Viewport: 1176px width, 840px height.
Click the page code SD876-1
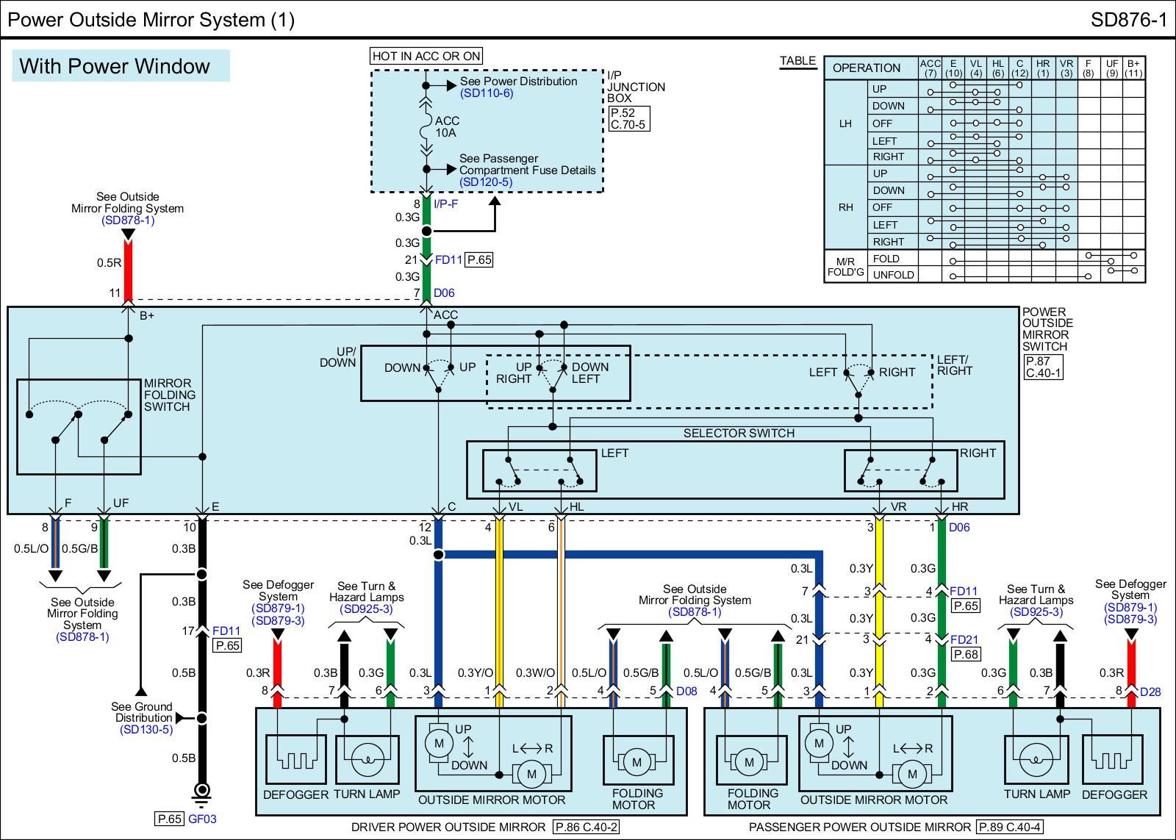(x=1128, y=19)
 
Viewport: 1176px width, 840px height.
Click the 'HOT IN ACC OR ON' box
(x=426, y=56)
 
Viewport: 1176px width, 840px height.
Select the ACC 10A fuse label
(x=446, y=126)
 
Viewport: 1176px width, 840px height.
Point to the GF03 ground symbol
(x=201, y=792)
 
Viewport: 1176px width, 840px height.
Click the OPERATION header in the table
(x=866, y=68)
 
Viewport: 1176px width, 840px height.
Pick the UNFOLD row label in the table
(x=893, y=275)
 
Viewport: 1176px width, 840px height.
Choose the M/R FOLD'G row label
(x=845, y=267)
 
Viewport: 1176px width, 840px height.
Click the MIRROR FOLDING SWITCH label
(x=170, y=395)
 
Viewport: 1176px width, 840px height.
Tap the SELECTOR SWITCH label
(x=739, y=433)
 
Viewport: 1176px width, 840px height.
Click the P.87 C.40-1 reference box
(x=1044, y=367)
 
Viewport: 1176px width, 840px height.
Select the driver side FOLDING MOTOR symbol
(x=637, y=762)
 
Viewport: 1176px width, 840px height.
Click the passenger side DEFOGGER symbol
(x=1114, y=760)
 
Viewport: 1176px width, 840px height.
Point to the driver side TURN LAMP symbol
(x=367, y=760)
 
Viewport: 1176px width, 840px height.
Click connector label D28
(x=1150, y=692)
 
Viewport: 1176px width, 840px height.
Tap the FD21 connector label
(x=964, y=639)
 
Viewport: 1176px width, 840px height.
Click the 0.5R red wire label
(x=109, y=262)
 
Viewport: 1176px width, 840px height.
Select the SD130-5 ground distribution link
(x=146, y=729)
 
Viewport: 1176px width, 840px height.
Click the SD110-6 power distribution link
(x=487, y=93)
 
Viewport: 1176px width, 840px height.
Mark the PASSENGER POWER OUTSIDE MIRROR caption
(x=860, y=827)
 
